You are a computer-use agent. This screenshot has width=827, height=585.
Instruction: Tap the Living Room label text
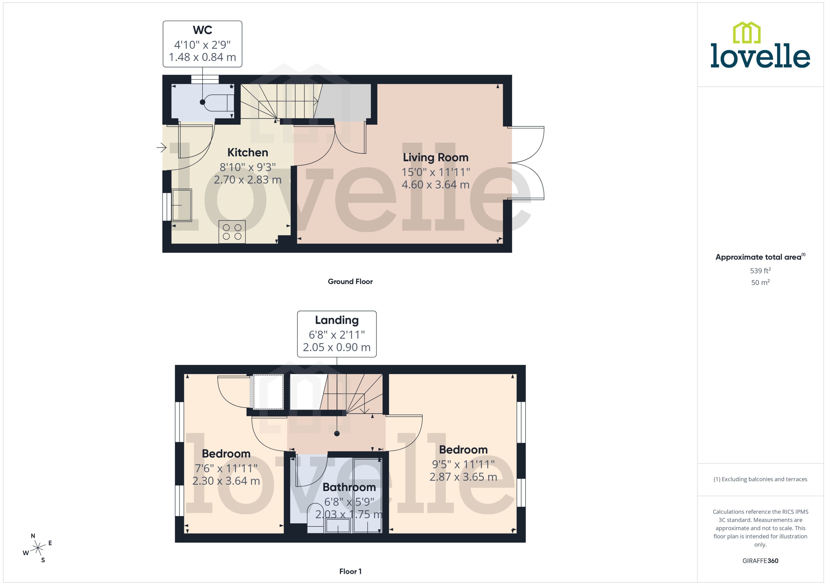[x=435, y=158]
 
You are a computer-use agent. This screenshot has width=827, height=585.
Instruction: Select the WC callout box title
[x=202, y=30]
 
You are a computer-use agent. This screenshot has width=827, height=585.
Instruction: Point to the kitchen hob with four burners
[x=232, y=232]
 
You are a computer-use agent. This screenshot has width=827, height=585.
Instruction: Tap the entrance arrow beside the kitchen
[x=161, y=147]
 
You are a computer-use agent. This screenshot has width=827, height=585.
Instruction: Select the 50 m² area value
[x=760, y=282]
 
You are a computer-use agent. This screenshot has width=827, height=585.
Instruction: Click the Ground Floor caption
[x=350, y=282]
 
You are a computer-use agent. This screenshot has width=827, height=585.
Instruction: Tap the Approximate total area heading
[x=758, y=257]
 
